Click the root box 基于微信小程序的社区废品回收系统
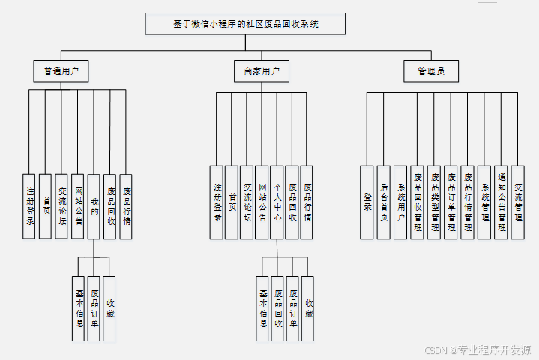(245, 24)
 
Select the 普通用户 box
(61, 71)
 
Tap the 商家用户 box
(261, 71)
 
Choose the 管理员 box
(431, 71)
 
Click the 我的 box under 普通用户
(94, 206)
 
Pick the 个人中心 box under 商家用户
(277, 202)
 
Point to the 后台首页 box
(384, 202)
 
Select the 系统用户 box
(400, 202)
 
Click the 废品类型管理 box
(434, 202)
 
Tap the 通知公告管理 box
(502, 202)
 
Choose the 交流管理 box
(518, 202)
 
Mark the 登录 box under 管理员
(367, 202)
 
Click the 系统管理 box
(484, 202)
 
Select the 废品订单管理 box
(451, 202)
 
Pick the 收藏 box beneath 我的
(109, 308)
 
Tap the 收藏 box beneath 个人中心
(307, 308)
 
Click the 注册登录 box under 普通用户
(30, 206)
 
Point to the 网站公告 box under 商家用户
(262, 202)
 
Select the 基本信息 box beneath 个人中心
(262, 308)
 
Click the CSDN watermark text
(478, 349)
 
